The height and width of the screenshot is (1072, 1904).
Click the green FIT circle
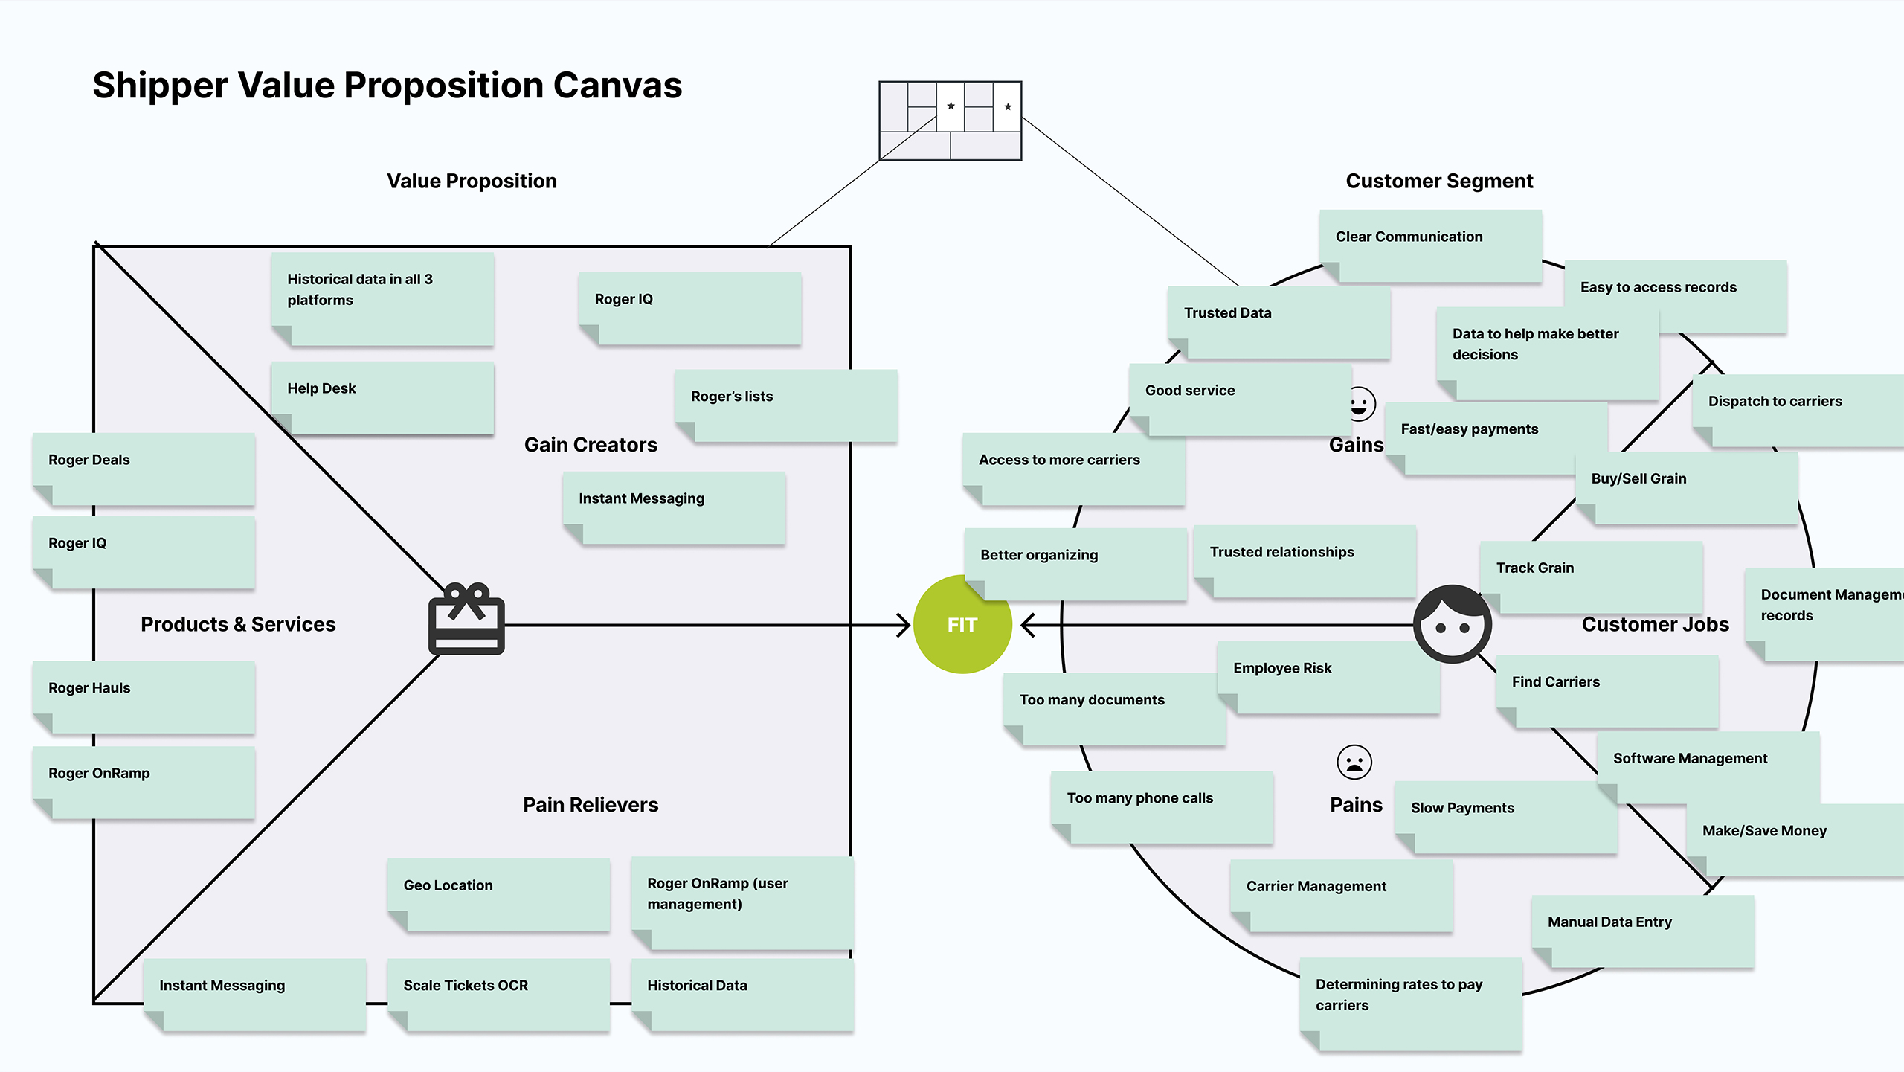(962, 625)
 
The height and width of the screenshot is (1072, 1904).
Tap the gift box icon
(466, 619)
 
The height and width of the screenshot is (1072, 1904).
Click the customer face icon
(1452, 623)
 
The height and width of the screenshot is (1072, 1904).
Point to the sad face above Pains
(1354, 762)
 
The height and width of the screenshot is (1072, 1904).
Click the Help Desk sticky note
(382, 397)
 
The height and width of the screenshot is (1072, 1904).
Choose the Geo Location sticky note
(498, 893)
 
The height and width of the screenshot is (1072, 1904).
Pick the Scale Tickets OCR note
(498, 994)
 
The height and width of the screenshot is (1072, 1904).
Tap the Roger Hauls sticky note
(144, 697)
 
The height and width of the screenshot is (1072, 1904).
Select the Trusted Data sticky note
(1279, 322)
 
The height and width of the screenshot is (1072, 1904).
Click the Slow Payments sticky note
(1505, 817)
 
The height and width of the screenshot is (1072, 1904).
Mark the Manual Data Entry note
(1642, 931)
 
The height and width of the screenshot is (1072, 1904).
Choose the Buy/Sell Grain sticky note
(1686, 488)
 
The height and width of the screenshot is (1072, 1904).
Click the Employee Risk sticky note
(1328, 677)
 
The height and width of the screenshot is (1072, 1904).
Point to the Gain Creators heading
(591, 445)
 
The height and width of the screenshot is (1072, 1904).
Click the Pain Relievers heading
(591, 805)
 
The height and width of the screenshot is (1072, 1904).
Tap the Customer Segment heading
(1439, 181)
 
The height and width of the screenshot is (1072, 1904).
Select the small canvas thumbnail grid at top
(950, 121)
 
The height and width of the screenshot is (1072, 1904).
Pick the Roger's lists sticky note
(785, 405)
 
